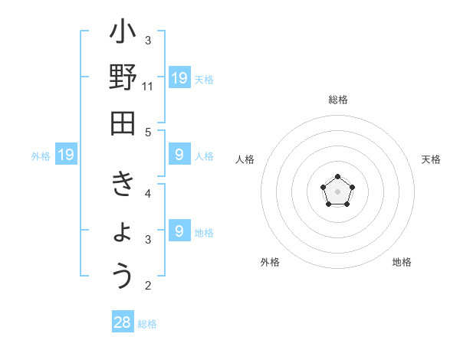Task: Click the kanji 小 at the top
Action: (123, 35)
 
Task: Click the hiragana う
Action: (123, 276)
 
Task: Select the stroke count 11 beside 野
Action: (148, 87)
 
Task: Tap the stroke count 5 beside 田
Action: (148, 133)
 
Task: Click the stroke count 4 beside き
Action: (148, 194)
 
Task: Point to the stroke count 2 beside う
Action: (148, 286)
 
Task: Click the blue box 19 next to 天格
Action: (179, 77)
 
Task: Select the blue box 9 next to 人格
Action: (179, 155)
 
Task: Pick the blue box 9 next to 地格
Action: (179, 230)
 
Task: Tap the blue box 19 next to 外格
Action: (65, 155)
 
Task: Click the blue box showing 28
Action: (123, 322)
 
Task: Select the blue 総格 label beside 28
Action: (147, 324)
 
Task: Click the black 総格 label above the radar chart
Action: (337, 100)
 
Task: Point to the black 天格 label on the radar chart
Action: (431, 159)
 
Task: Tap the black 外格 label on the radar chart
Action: (270, 262)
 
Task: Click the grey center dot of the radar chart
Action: (337, 191)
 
